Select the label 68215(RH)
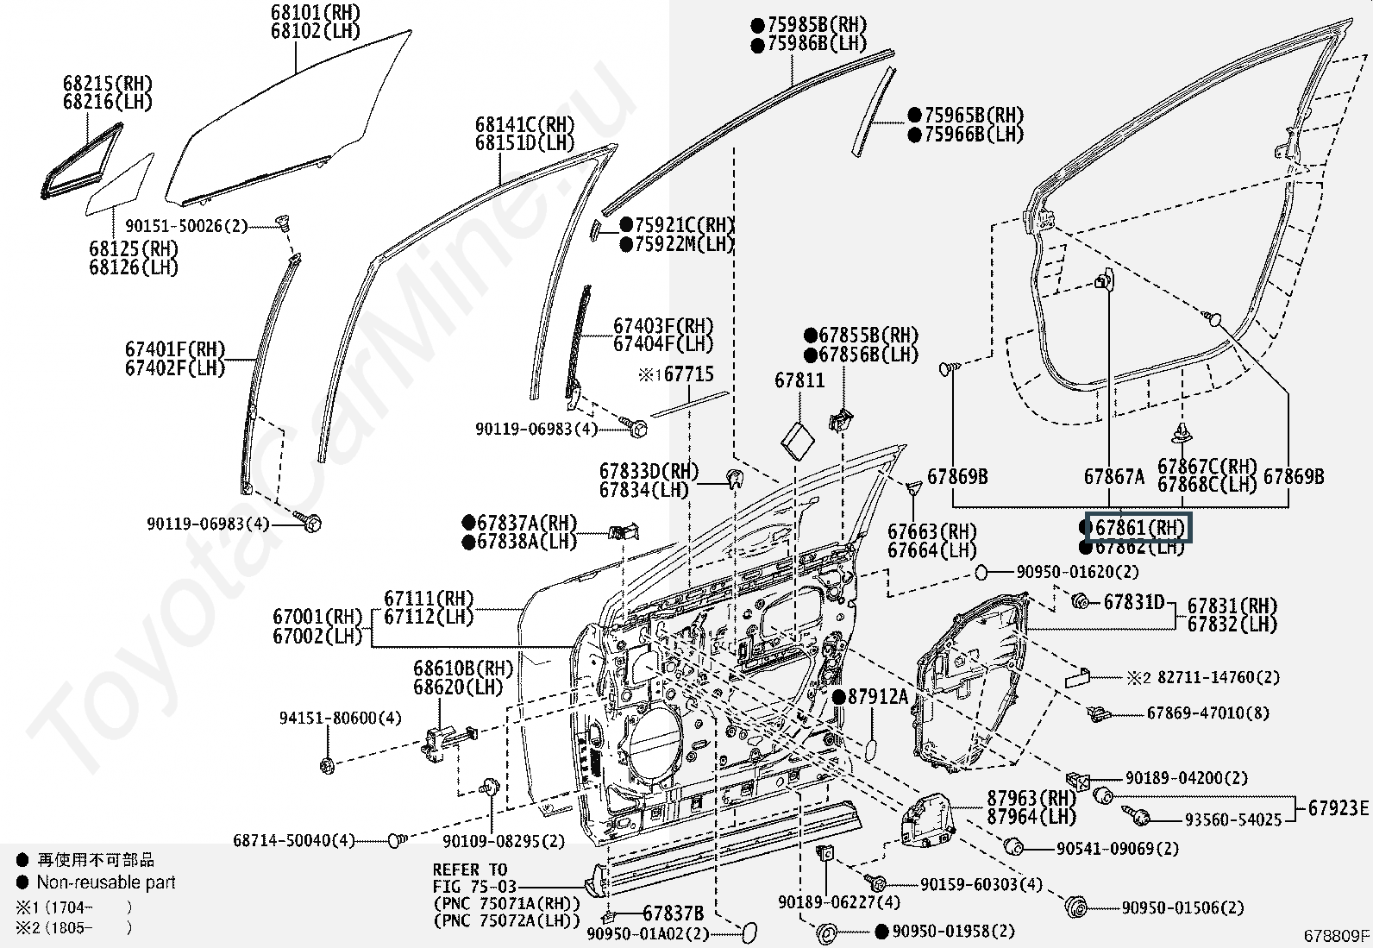click(x=107, y=84)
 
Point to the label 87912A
click(x=877, y=697)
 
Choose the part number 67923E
click(x=1338, y=808)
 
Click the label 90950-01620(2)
click(x=1077, y=572)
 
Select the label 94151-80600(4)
click(x=340, y=718)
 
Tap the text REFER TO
click(x=470, y=870)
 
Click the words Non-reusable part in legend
click(x=105, y=882)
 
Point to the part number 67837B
click(x=673, y=913)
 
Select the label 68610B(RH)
click(x=462, y=669)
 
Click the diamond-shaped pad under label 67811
click(x=798, y=440)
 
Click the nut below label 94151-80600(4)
click(x=327, y=764)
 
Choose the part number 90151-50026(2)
click(x=186, y=226)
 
